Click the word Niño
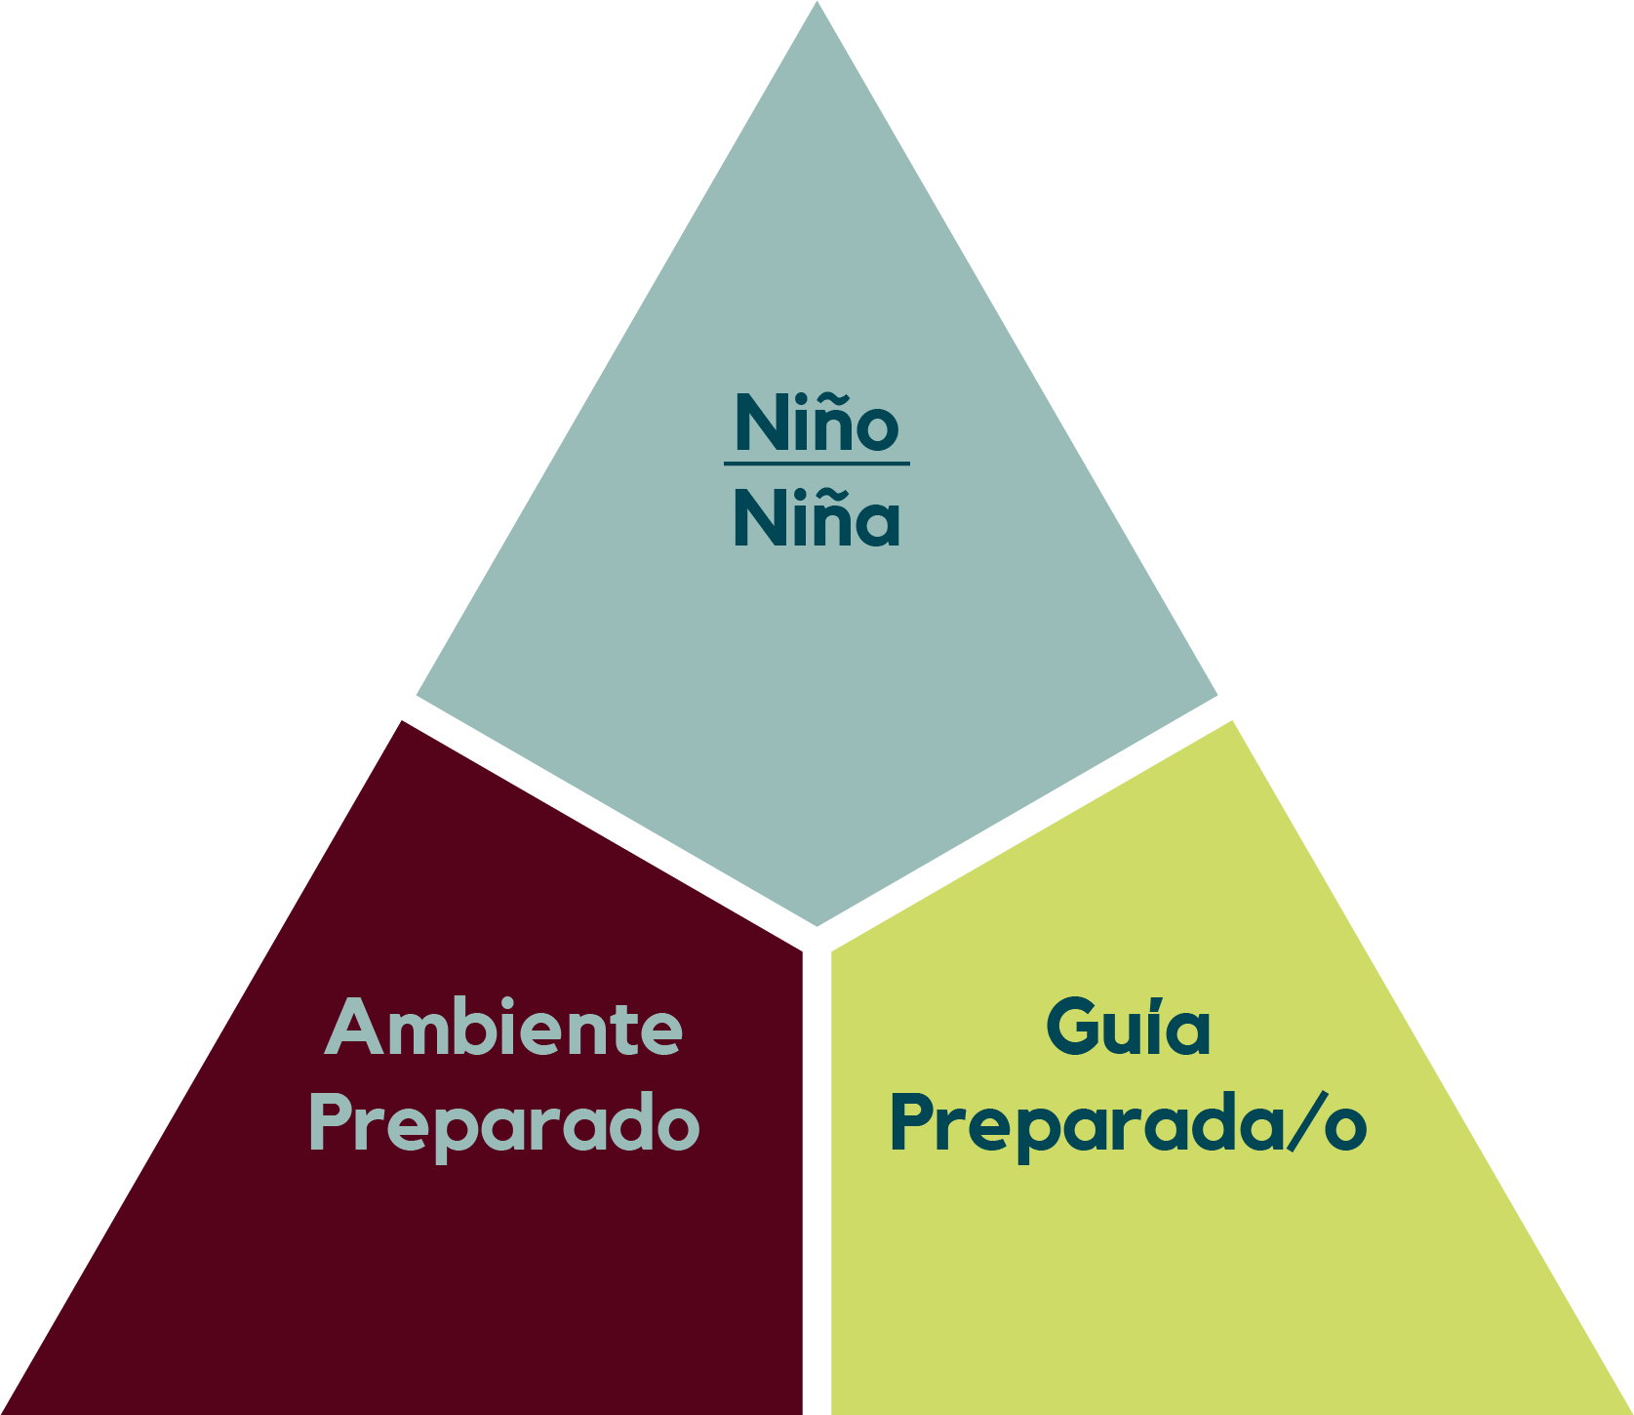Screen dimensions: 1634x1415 tap(817, 424)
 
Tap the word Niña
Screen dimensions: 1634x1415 tap(817, 519)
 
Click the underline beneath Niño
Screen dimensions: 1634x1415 tap(817, 463)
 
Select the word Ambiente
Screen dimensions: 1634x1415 tap(503, 1028)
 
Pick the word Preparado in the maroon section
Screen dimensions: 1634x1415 tap(503, 1124)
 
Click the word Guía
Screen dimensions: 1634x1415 tap(1128, 1028)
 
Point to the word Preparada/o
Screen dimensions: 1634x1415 tap(1128, 1124)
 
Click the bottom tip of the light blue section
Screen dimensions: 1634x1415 tap(817, 922)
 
